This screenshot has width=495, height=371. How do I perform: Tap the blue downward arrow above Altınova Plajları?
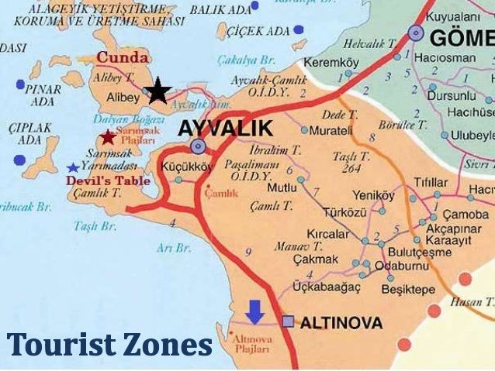254,311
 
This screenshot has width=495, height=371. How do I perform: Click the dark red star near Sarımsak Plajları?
107,138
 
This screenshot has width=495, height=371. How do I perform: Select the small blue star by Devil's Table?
73,167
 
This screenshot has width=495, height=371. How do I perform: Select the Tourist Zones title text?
109,344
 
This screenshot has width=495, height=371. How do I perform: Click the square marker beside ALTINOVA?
288,321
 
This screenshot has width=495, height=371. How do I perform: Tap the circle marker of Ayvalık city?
199,146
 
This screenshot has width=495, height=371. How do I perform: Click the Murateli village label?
331,130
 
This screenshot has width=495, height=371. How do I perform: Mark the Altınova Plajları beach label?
251,342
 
